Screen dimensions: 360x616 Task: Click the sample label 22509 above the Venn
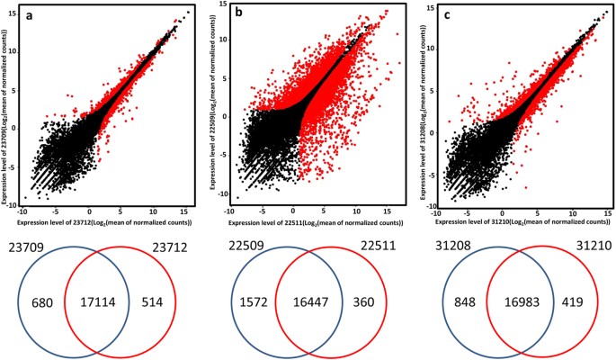pos(231,244)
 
